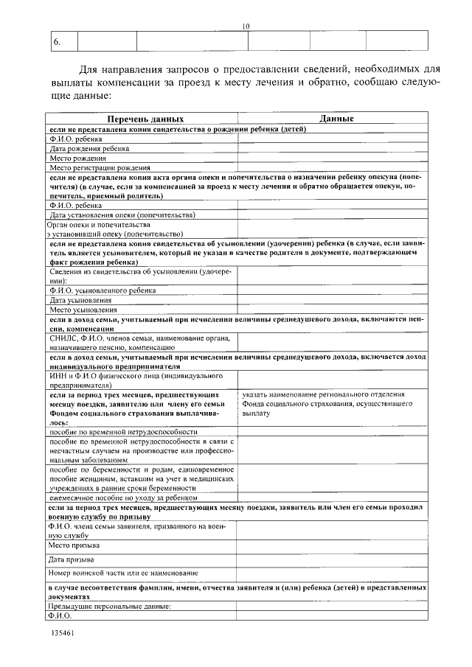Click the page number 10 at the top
(246, 27)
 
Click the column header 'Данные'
(336, 119)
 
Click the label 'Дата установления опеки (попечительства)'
(122, 215)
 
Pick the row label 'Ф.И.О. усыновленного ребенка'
(103, 290)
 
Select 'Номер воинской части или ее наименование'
(123, 573)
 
